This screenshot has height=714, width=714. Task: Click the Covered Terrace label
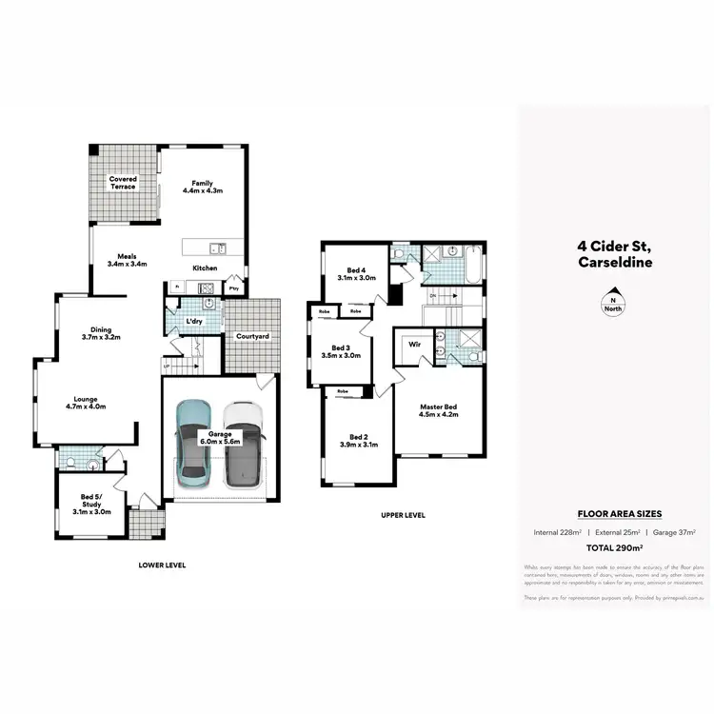[123, 182]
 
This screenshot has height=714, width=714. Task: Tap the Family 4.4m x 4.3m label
[202, 187]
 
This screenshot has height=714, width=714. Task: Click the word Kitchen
[206, 268]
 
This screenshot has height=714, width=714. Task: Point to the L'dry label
[195, 321]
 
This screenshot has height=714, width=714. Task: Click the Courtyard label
[252, 337]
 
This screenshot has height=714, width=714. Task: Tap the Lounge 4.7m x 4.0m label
[86, 403]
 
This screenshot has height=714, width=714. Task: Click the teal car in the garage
[195, 442]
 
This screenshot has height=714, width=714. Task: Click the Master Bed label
[439, 410]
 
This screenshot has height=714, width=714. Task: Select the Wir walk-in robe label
[413, 346]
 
